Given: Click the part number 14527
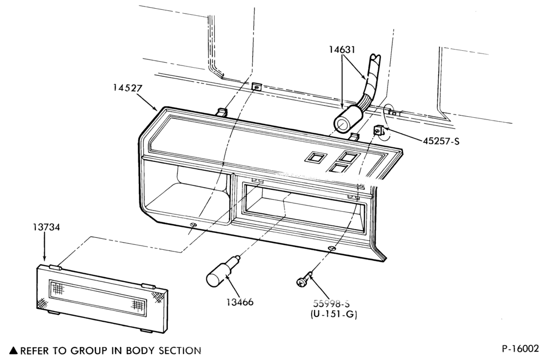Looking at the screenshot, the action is pos(127,88).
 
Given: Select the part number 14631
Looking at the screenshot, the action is pos(342,50).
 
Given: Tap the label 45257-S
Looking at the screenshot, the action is pos(441,141).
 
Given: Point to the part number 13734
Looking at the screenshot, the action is pos(46,227).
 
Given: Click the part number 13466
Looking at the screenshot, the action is pos(240,302).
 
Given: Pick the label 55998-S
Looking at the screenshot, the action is pos(331,303).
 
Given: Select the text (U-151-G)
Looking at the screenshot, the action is pos(334,314).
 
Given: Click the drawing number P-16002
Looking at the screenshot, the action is pos(520,349).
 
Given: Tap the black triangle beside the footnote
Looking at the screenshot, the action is pos(14,350).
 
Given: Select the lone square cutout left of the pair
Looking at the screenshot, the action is pos(315,158).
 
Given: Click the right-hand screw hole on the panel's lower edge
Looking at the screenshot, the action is pos(332,248).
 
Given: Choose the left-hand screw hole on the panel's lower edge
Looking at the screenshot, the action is pos(193,225).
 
